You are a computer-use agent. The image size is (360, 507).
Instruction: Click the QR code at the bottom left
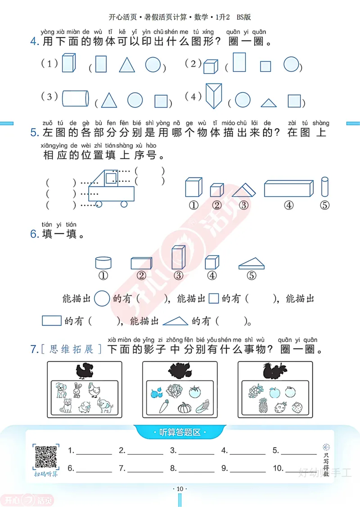pos(45,457)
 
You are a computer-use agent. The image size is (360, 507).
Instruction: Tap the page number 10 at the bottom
pos(180,489)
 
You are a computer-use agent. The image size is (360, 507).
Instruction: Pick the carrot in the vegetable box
pos(164,407)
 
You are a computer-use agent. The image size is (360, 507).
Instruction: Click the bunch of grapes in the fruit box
pos(255,390)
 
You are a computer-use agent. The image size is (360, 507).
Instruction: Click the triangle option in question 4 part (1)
pos(127,65)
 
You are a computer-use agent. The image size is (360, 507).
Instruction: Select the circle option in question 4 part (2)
pos(292,64)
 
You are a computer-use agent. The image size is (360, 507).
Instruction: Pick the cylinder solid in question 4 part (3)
pos(75,98)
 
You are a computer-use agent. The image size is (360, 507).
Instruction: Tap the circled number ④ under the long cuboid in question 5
pos(288,205)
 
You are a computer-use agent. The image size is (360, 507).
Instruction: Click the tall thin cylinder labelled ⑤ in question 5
pos(325,187)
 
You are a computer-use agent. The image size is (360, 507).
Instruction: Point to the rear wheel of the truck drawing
pos(124,204)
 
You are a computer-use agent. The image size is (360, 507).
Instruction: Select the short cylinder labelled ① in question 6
pos(103,263)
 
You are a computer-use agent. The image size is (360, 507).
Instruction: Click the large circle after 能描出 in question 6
pos(102,299)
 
